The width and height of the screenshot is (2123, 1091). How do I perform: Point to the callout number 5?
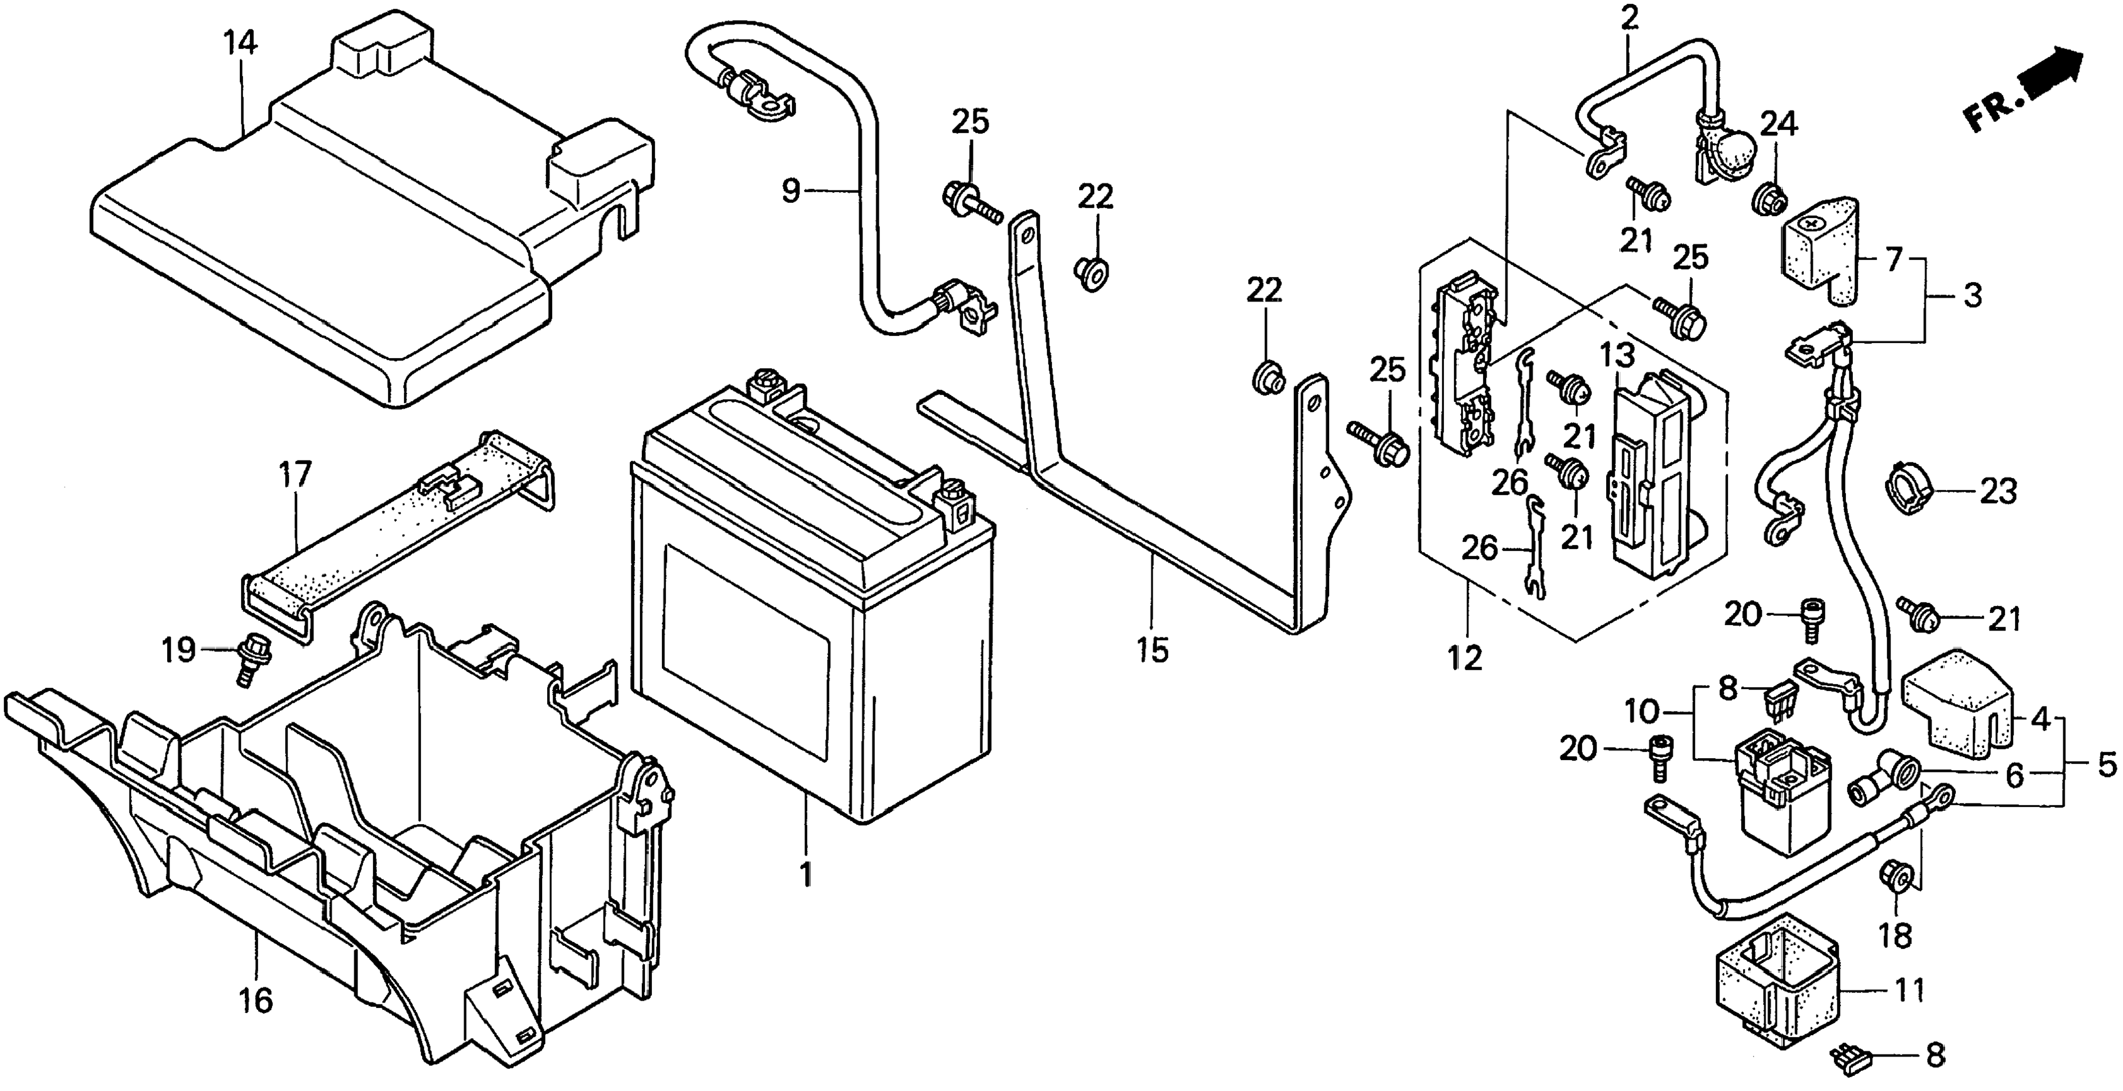click(2105, 766)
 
